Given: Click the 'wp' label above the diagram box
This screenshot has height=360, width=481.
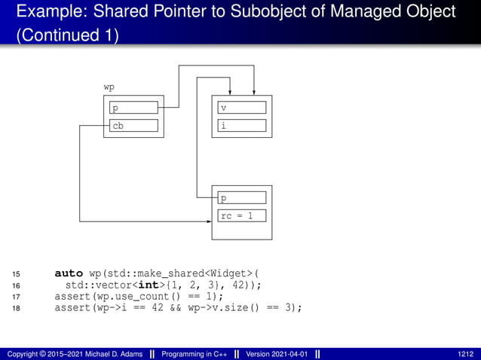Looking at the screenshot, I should click(109, 87).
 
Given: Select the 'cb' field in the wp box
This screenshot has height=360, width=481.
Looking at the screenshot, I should click(133, 126).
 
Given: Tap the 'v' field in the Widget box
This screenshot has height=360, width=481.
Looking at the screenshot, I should click(242, 108).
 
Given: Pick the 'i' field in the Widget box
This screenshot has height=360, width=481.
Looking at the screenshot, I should click(242, 126).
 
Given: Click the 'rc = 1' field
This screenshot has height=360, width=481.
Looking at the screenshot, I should click(242, 217).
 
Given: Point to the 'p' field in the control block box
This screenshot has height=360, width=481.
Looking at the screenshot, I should click(242, 198).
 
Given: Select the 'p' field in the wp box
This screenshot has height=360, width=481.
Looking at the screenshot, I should click(133, 108).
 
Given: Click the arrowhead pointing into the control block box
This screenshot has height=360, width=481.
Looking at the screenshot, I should click(208, 221).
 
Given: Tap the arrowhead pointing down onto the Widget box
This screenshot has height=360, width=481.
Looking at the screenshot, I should click(254, 91).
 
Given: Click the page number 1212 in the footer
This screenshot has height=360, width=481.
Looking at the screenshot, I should click(466, 353).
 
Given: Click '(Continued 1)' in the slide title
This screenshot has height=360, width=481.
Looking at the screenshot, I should click(67, 35).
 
